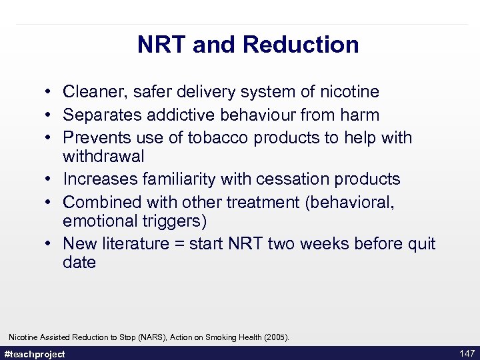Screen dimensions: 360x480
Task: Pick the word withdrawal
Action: pyautogui.click(x=103, y=156)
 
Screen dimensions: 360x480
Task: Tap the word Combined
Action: pyautogui.click(x=101, y=202)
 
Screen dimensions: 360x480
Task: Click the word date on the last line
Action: pyautogui.click(x=79, y=262)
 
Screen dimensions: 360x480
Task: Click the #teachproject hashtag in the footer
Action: pyautogui.click(x=35, y=354)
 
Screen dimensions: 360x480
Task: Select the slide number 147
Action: pyautogui.click(x=467, y=353)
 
